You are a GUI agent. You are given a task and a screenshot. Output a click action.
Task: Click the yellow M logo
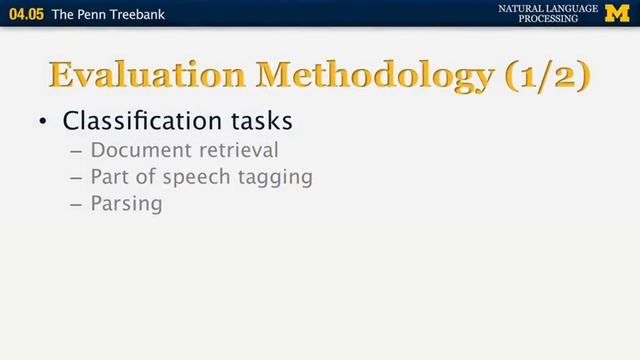coord(618,14)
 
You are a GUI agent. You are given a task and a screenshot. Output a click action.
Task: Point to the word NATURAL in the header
coord(522,9)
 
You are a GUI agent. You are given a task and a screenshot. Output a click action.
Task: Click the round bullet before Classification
coord(43,122)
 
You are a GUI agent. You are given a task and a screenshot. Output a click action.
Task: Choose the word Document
coord(136,151)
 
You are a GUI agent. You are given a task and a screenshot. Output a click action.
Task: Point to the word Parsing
coord(126,204)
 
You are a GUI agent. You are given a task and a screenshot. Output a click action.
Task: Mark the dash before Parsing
coord(77,204)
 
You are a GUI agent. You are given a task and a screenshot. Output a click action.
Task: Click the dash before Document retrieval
coord(77,151)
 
